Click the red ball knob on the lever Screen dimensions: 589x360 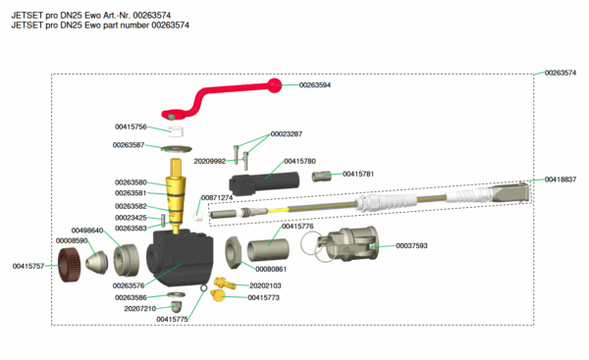[x=274, y=85]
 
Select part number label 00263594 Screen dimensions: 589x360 [x=315, y=84]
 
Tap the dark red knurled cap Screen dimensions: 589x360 [x=69, y=265]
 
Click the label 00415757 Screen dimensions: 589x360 [x=28, y=266]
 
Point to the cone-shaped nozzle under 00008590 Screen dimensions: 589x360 [x=96, y=262]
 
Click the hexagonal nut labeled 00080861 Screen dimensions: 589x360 [x=233, y=252]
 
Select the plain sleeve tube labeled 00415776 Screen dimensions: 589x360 [x=268, y=249]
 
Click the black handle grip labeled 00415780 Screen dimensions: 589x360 [x=264, y=183]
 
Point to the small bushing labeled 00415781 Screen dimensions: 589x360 [x=321, y=176]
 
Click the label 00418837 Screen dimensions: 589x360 [x=561, y=180]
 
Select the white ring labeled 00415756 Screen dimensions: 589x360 [x=176, y=131]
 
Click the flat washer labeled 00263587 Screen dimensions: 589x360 [x=176, y=149]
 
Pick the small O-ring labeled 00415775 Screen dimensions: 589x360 [x=203, y=288]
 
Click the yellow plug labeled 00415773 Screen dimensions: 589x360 [x=218, y=295]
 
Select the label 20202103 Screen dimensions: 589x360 [x=265, y=285]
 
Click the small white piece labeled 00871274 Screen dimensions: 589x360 [x=198, y=216]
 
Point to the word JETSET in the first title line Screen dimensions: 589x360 [x=27, y=16]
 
